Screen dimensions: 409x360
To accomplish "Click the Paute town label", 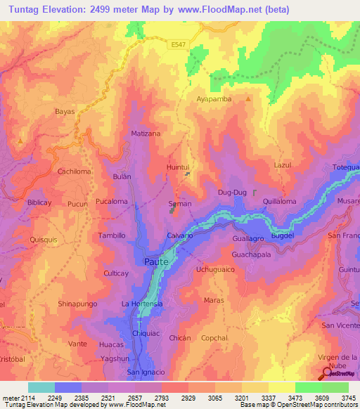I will pyautogui.click(x=156, y=261).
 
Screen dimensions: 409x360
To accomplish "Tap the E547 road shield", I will pyautogui.click(x=179, y=44).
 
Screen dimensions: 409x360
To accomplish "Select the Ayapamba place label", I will pyautogui.click(x=214, y=99).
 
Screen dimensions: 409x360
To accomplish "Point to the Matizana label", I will pyautogui.click(x=146, y=133).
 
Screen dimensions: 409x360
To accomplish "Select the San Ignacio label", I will pyautogui.click(x=146, y=372).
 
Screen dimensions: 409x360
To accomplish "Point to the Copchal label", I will pyautogui.click(x=214, y=338).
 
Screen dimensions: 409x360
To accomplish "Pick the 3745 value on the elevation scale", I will pyautogui.click(x=349, y=397).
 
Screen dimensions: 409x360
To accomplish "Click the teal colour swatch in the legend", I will pyautogui.click(x=41, y=387).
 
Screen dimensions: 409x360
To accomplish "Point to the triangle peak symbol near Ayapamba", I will pyautogui.click(x=247, y=99).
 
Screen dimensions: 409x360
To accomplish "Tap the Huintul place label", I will pyautogui.click(x=178, y=167).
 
